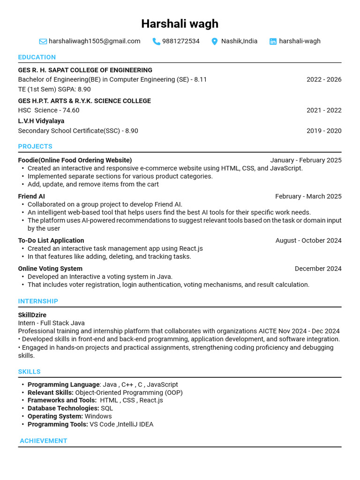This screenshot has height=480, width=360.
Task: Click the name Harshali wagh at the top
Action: [x=180, y=24]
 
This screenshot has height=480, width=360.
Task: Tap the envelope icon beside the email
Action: [x=43, y=41]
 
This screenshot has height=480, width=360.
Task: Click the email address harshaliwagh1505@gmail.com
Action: [x=94, y=41]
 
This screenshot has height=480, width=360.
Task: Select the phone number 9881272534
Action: [x=180, y=41]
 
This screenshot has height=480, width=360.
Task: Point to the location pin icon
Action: [x=215, y=41]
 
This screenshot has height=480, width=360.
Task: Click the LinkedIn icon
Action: [x=273, y=41]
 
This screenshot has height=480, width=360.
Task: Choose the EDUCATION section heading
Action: [x=37, y=57]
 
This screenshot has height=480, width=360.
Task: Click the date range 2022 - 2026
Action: [x=324, y=80]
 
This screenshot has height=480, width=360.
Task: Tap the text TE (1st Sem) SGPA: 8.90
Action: [x=54, y=89]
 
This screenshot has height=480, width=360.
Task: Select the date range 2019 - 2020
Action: [x=324, y=131]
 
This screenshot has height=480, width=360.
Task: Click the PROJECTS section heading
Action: [x=35, y=146]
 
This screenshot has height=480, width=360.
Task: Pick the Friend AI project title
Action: [x=31, y=196]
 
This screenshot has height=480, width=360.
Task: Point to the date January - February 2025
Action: [x=306, y=160]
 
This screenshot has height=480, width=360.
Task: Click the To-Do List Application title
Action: [x=51, y=240]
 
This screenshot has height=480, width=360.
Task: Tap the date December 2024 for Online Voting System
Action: [x=318, y=269]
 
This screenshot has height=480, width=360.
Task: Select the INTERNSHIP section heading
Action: [x=38, y=301]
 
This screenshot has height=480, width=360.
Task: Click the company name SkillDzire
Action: [x=32, y=315]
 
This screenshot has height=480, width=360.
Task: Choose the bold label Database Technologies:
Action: [x=63, y=408]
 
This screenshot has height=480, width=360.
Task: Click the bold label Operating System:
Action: [x=55, y=416]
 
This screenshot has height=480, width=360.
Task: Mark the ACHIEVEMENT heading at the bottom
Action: [x=44, y=441]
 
